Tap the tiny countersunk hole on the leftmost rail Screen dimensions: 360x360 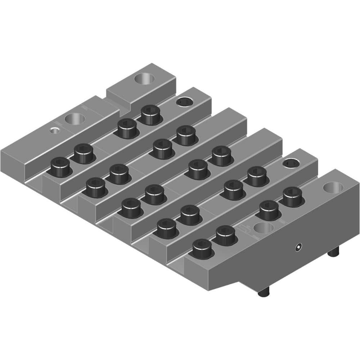pyautogui.click(x=54, y=130)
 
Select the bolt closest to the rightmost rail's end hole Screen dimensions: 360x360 pyautogui.click(x=292, y=196)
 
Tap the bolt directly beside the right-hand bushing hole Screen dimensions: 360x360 pyautogui.click(x=257, y=176)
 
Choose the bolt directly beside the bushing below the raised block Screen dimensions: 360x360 pyautogui.click(x=150, y=114)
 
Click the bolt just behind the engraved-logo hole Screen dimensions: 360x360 pyautogui.click(x=269, y=210)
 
